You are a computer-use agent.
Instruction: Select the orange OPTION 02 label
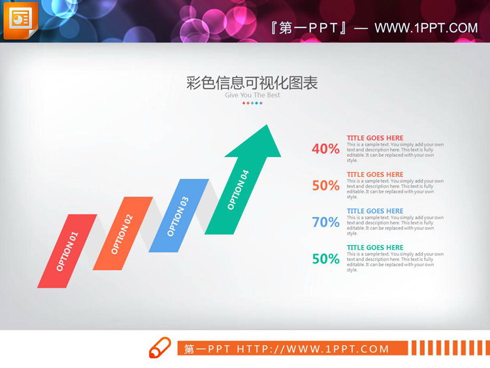point(122,234)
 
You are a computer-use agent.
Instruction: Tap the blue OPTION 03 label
point(178,216)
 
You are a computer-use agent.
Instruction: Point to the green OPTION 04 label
point(238,190)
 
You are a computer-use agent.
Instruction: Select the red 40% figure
point(325,149)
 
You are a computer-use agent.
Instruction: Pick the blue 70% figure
point(325,222)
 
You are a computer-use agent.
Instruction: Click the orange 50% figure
point(325,186)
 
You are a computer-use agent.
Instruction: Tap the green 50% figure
point(325,259)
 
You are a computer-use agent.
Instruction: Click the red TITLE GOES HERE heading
point(375,138)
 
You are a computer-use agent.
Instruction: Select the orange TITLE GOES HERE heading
point(375,175)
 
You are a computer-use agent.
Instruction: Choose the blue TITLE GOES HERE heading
point(375,211)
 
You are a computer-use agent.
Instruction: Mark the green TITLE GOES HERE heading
point(375,248)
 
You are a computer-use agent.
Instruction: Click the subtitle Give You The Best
point(252,95)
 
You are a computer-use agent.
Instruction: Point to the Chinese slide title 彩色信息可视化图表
point(252,83)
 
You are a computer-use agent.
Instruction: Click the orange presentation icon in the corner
point(20,20)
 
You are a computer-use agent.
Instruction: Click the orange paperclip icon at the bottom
point(160,348)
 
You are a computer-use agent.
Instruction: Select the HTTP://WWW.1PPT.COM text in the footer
point(313,349)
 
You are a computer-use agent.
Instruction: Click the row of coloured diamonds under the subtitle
point(252,103)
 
